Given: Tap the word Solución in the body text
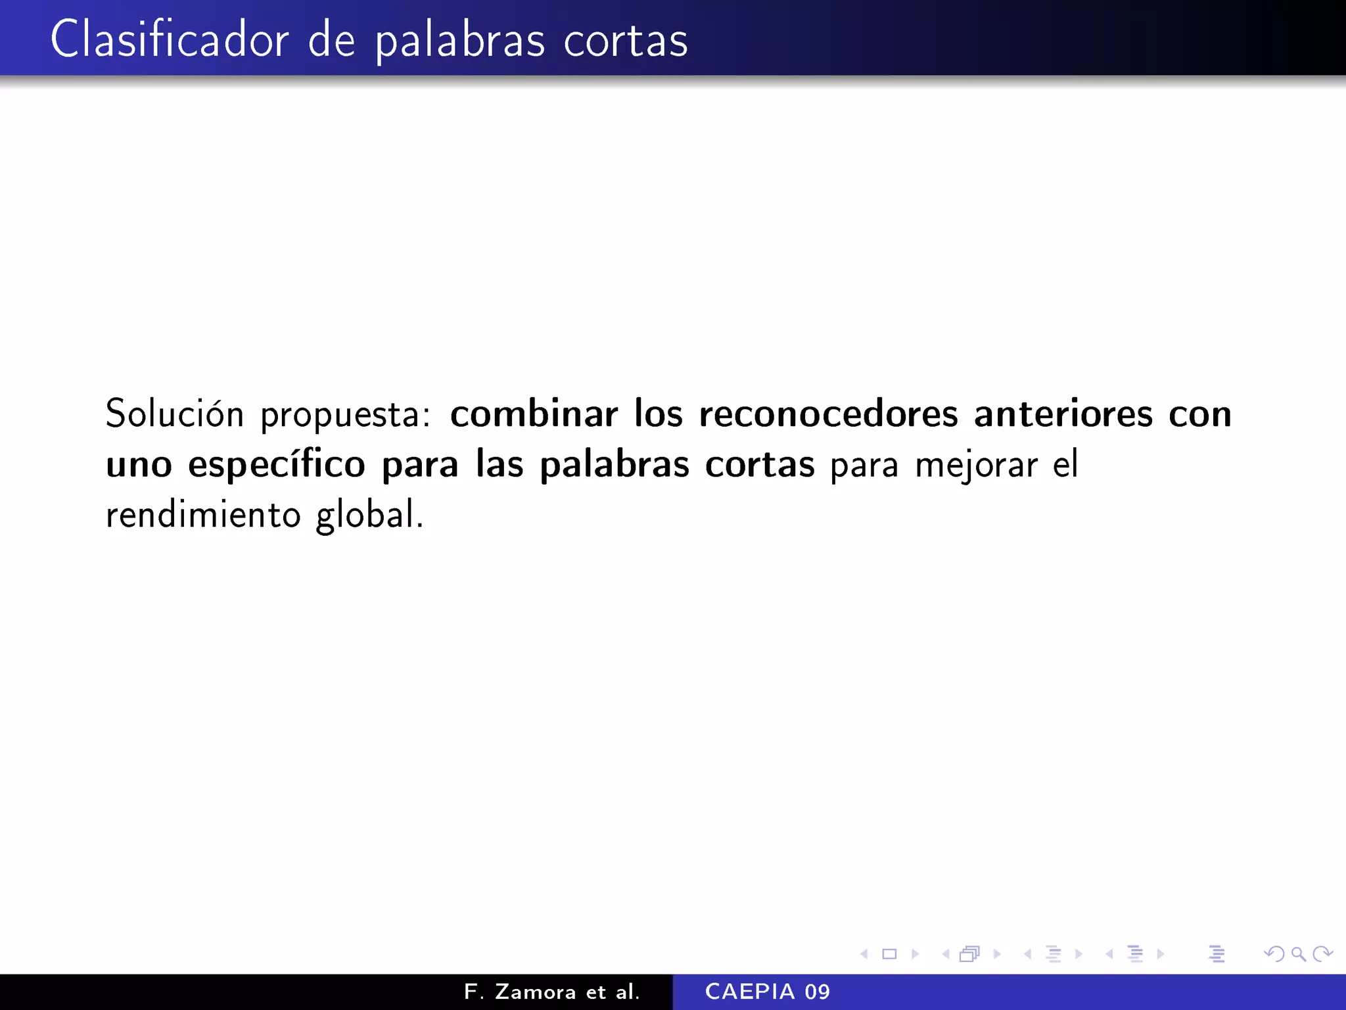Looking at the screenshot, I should [174, 414].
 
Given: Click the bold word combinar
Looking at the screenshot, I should [534, 414].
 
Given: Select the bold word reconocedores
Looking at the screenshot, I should [828, 414].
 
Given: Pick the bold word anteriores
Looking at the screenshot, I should [1063, 414].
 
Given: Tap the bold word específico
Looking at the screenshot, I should [276, 465].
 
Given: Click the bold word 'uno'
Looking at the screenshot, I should [139, 465].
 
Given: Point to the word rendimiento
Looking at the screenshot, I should [203, 515].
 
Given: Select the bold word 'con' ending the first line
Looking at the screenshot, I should [1199, 414].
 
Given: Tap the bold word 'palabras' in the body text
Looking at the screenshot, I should [614, 465].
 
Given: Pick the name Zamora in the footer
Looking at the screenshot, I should [535, 992].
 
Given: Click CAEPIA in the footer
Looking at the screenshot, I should [750, 992].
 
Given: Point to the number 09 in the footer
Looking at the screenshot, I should [818, 992].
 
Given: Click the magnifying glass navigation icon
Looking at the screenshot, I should [1298, 953].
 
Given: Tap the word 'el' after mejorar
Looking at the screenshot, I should [1065, 465].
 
